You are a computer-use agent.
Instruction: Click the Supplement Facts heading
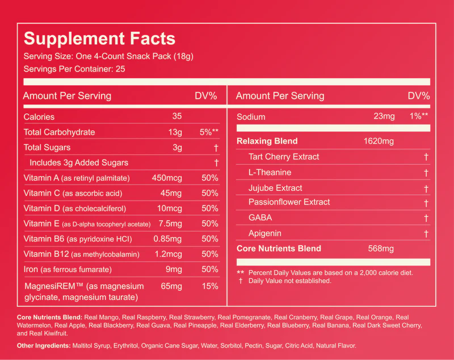[99, 39]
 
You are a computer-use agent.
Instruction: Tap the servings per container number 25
[120, 69]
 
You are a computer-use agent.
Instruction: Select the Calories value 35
[177, 116]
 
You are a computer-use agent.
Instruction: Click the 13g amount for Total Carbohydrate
[175, 132]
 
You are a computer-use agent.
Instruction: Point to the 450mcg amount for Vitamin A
[167, 178]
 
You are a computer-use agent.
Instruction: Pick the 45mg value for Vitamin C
[171, 193]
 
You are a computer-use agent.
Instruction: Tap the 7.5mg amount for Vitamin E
[170, 224]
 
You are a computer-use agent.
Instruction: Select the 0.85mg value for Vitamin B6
[167, 239]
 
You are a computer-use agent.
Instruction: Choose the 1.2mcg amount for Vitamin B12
[169, 254]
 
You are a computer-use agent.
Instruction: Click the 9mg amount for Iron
[174, 269]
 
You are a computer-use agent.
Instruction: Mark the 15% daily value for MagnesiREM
[210, 286]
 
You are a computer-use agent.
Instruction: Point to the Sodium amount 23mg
[384, 116]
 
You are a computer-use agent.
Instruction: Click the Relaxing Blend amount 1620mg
[379, 141]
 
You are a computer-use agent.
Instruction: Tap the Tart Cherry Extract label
[284, 157]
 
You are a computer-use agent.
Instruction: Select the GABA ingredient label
[260, 217]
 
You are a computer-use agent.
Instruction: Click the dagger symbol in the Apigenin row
[426, 233]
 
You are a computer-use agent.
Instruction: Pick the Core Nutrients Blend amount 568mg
[381, 249]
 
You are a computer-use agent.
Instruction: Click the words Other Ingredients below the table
[44, 345]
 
